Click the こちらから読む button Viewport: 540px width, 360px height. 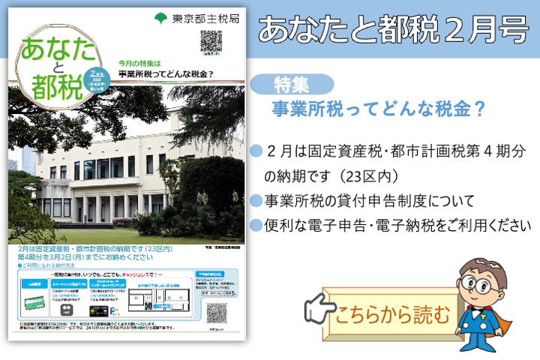pos(394,311)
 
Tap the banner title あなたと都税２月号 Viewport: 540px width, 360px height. pos(393,28)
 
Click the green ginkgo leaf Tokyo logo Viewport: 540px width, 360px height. pos(160,16)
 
